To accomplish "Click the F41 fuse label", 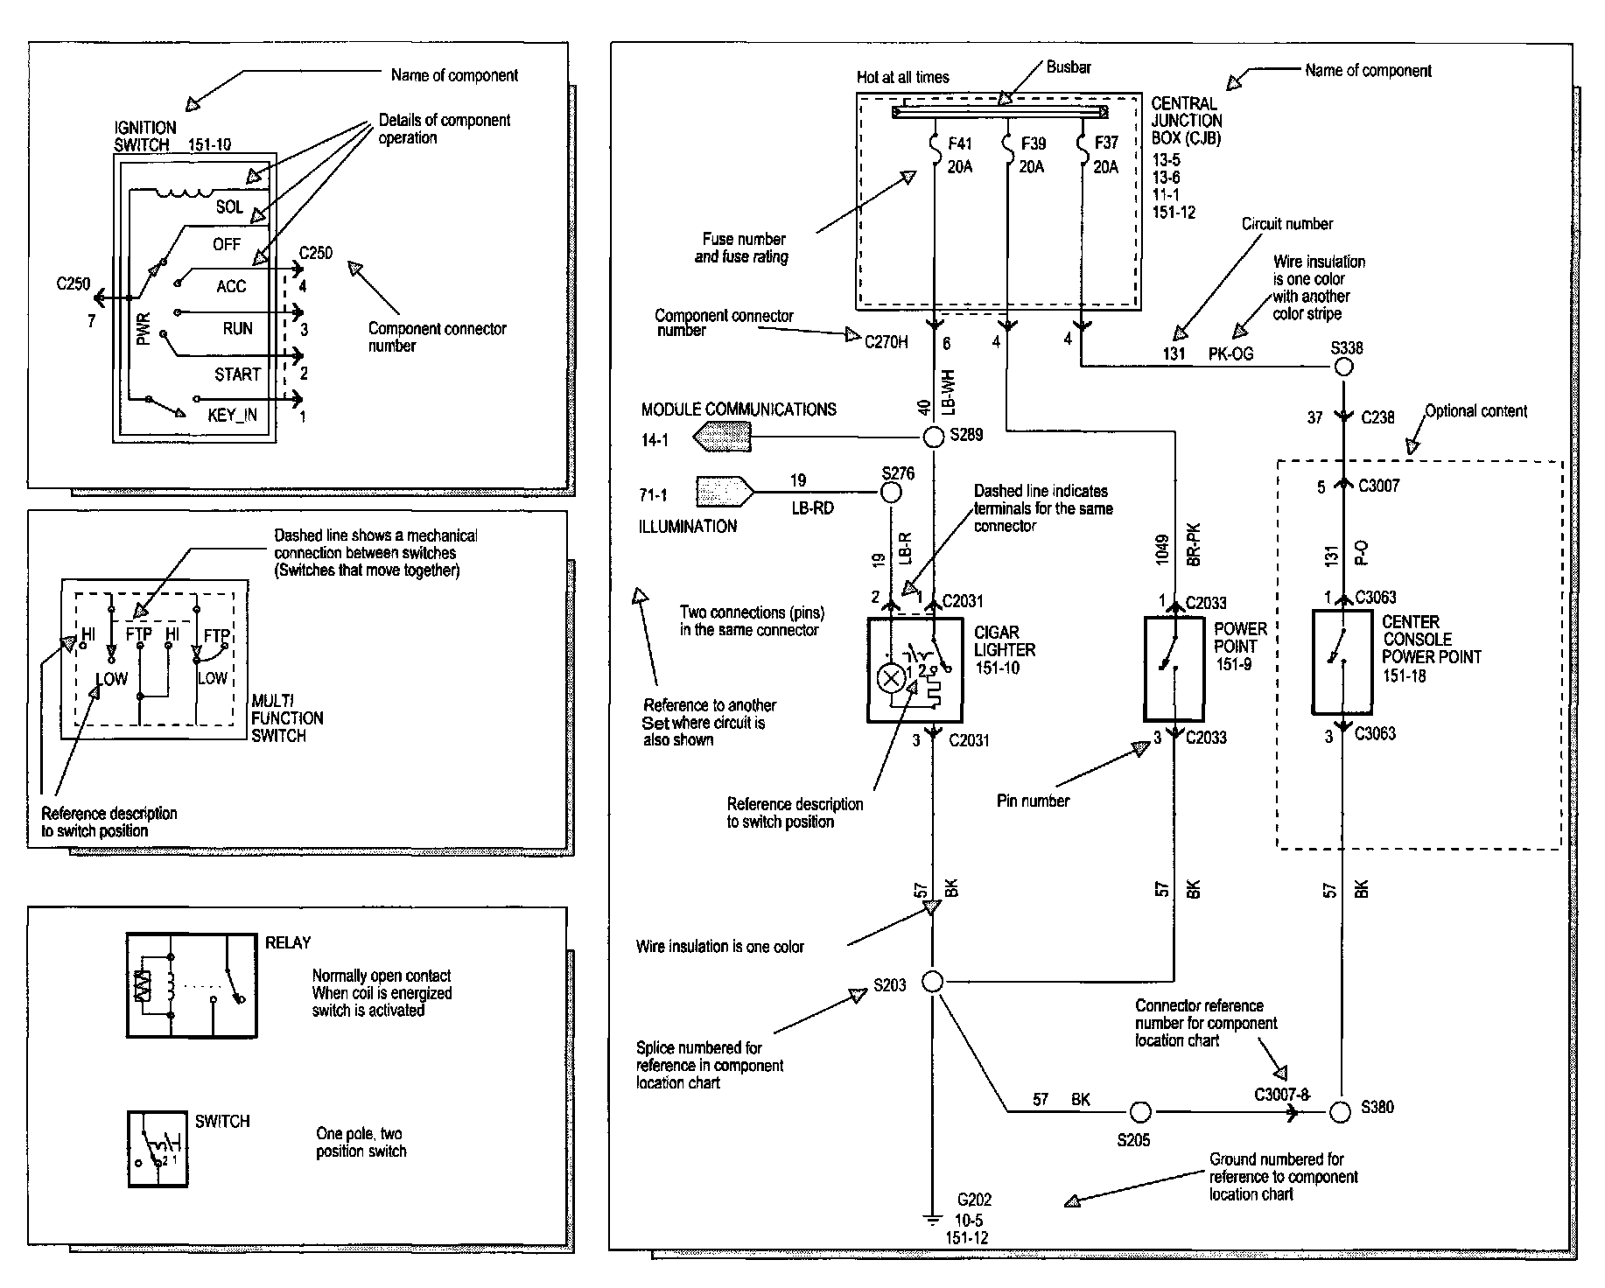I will (x=959, y=143).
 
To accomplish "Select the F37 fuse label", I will (x=1106, y=143).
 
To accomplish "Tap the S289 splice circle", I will (x=933, y=436).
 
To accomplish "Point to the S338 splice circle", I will (x=1343, y=367).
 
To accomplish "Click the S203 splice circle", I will (x=933, y=982).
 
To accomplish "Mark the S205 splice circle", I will (x=1140, y=1112).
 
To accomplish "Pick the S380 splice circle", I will (x=1340, y=1112).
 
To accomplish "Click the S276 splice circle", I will (x=890, y=493).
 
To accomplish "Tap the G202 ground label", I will (x=974, y=1200).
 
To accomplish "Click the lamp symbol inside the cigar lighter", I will (x=891, y=679).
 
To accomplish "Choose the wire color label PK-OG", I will (x=1230, y=353).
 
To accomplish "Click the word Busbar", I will (x=1068, y=67).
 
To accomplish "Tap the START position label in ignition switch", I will (x=237, y=374).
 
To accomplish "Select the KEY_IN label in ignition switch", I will (x=232, y=415).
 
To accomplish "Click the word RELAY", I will (x=288, y=942).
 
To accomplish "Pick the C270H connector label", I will (x=886, y=342).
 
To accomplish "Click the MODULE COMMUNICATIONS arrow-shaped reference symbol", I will (x=723, y=436).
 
